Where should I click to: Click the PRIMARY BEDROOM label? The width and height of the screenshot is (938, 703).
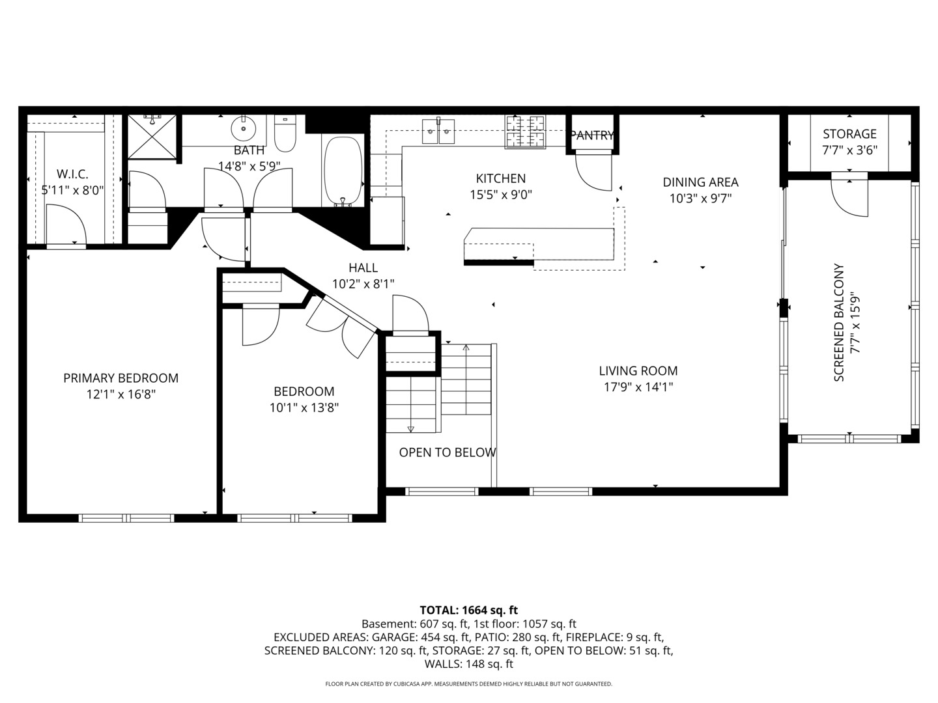click(121, 378)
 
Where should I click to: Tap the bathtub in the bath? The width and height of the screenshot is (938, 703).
click(343, 171)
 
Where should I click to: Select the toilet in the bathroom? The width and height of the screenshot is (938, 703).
click(285, 134)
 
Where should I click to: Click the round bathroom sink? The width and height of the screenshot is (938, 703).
click(244, 129)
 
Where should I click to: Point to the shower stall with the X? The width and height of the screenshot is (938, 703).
click(152, 137)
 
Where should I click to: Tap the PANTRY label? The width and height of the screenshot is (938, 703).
click(591, 135)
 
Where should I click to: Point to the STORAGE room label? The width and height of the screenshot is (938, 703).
click(849, 134)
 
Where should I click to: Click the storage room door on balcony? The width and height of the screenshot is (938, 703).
click(850, 195)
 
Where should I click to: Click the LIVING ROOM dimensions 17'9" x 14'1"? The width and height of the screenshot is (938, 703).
click(638, 387)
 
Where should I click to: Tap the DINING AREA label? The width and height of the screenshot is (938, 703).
click(700, 182)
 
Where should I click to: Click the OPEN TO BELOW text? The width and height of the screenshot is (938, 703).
click(448, 452)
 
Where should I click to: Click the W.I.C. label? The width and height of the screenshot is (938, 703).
click(72, 174)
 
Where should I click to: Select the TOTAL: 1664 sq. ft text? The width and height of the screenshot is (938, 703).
click(468, 610)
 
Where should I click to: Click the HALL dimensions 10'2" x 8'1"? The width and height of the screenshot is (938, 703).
click(363, 284)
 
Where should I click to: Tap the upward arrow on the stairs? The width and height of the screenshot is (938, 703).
click(466, 348)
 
